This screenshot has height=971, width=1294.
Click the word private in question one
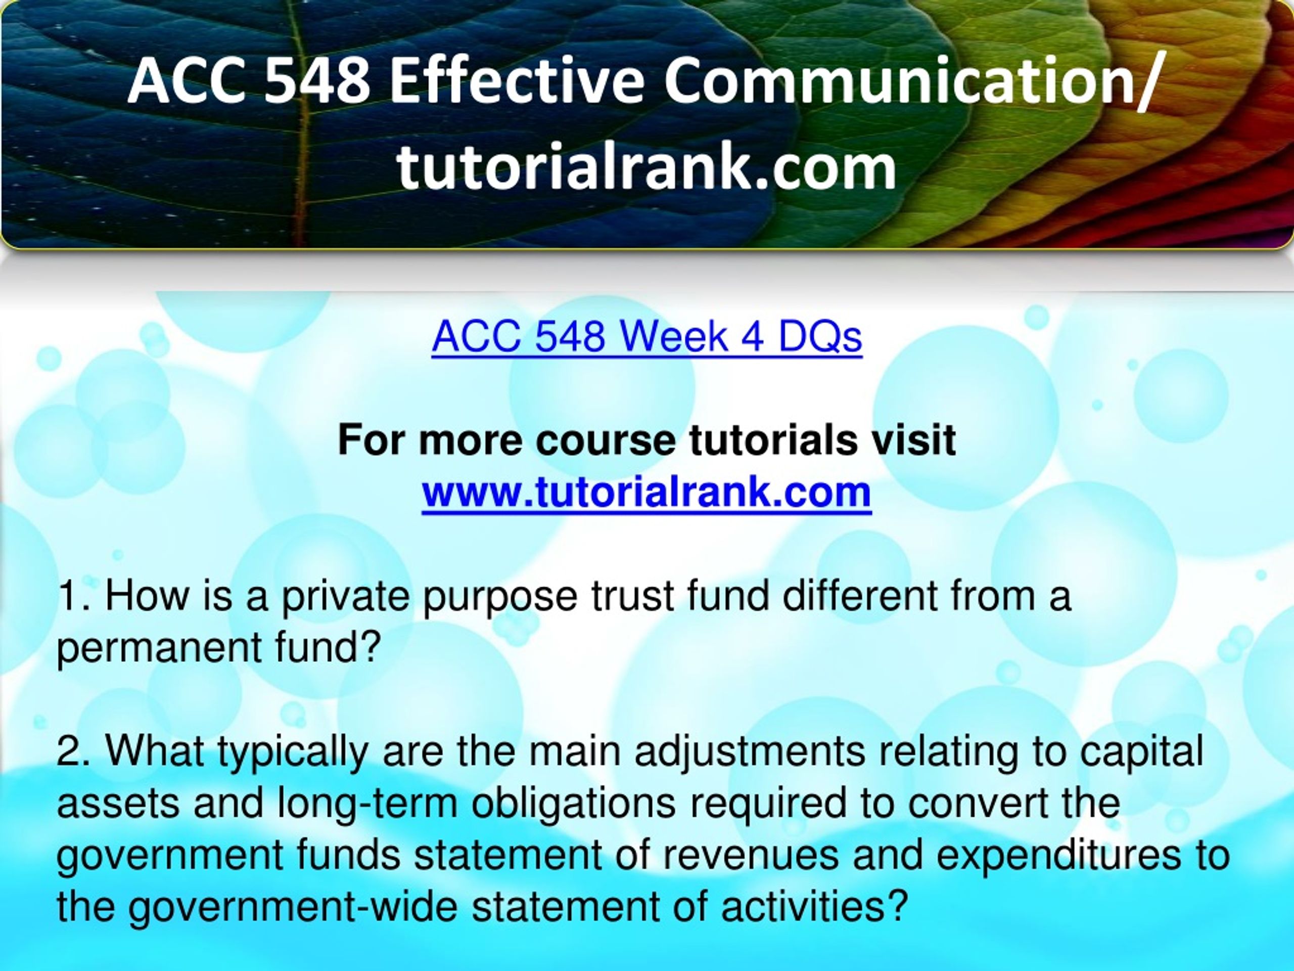(345, 597)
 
